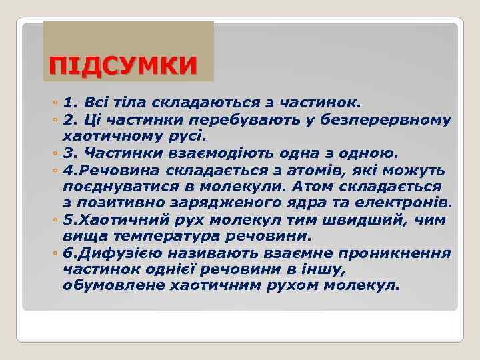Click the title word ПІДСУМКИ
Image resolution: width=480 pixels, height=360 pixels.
tap(124, 65)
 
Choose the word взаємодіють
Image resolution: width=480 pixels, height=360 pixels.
tap(207, 153)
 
